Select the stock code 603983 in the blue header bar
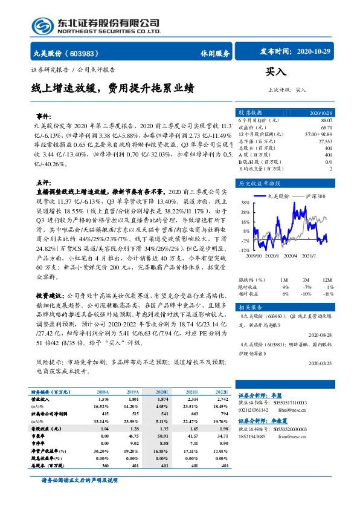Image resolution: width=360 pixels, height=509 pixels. [x=85, y=53]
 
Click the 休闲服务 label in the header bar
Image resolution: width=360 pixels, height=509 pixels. [x=214, y=53]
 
